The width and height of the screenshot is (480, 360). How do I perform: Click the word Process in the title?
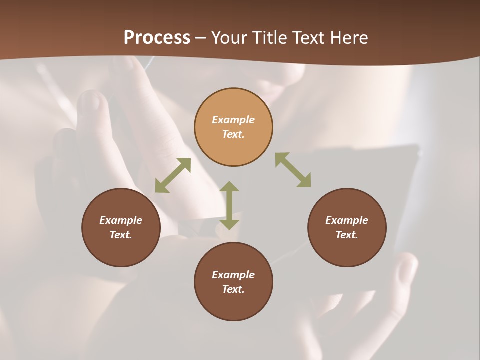coord(157,37)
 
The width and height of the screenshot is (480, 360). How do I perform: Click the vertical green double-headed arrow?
coord(229,205)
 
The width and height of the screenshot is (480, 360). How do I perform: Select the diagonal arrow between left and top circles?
coord(173,175)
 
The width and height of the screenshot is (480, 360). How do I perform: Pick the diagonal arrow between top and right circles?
coord(293,170)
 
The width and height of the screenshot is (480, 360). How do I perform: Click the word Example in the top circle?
coord(233,120)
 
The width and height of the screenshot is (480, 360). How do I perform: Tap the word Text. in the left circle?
coord(121,235)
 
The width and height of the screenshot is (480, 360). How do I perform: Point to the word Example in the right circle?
coord(347,220)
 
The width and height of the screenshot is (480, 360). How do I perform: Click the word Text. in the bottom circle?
coord(233,289)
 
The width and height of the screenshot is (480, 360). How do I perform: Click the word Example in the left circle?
coord(121,220)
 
